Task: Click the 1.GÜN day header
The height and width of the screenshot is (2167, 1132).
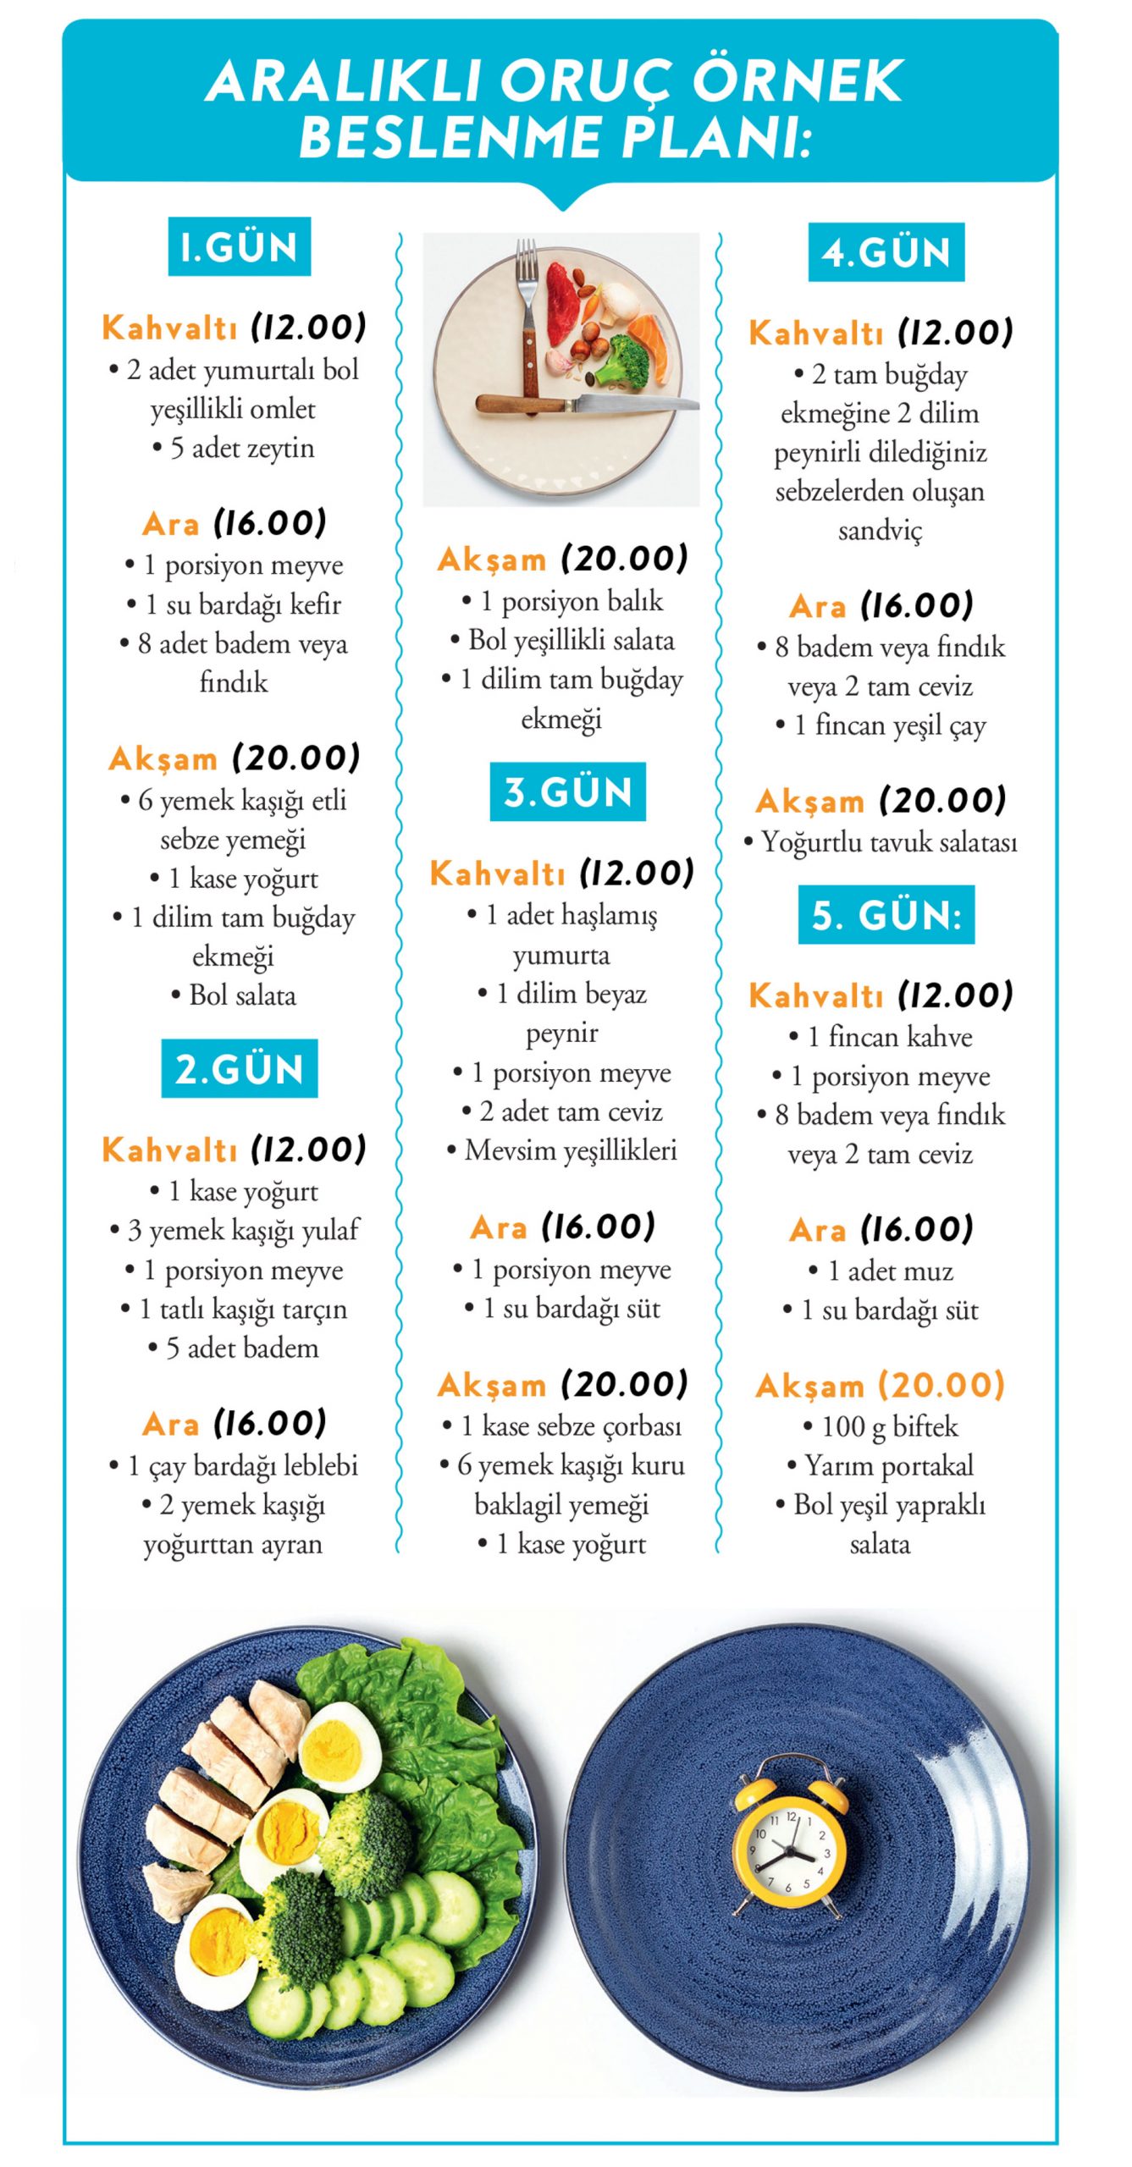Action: click(x=239, y=247)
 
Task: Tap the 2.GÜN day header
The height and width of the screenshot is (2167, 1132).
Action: click(x=239, y=1068)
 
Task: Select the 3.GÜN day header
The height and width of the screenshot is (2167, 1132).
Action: click(x=567, y=792)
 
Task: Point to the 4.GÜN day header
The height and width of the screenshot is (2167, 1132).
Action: click(x=886, y=252)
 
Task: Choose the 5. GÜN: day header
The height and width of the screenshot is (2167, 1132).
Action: click(x=886, y=915)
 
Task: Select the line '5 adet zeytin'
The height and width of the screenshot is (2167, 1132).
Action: click(x=234, y=448)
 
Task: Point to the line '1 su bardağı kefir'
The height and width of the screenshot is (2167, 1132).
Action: click(x=234, y=604)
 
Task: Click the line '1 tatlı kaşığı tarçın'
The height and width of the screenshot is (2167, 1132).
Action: click(x=234, y=1309)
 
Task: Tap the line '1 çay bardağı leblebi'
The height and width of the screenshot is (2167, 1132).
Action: click(x=234, y=1465)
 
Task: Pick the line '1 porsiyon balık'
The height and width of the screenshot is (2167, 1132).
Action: click(x=562, y=601)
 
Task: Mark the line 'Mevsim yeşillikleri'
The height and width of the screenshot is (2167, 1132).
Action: click(x=562, y=1150)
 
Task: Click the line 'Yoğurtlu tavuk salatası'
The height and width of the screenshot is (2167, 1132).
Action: click(x=881, y=842)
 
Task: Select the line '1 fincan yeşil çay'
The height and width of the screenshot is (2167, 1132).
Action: click(x=881, y=725)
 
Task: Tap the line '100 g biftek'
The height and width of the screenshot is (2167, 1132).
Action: click(x=881, y=1426)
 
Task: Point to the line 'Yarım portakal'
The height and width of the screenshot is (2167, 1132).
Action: click(x=881, y=1465)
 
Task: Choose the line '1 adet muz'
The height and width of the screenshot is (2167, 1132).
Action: click(x=881, y=1271)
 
